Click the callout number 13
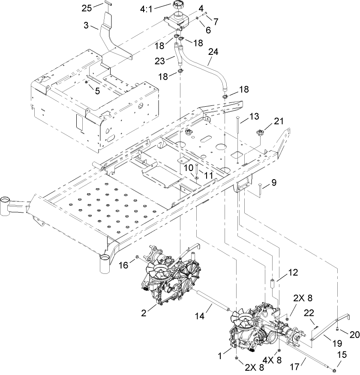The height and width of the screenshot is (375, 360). (254, 116)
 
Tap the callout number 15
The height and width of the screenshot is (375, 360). (342, 354)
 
